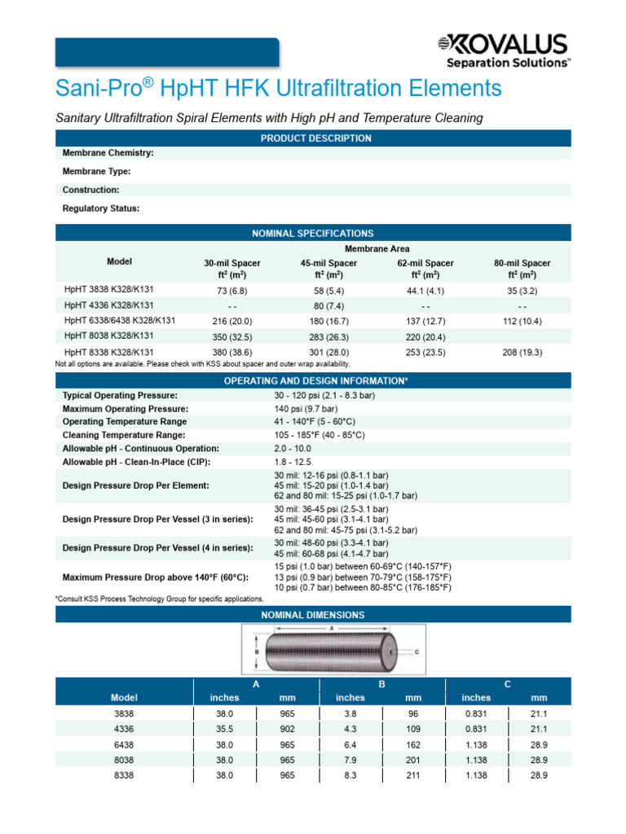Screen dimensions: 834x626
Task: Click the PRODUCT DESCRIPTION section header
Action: tap(315, 138)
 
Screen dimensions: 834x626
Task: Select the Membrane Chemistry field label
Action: tap(108, 152)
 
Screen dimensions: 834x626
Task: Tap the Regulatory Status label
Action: tap(101, 208)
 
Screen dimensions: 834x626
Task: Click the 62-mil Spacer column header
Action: tap(425, 269)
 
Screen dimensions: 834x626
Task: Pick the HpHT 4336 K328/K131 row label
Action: tap(108, 305)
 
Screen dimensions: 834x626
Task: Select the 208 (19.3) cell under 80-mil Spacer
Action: tap(522, 353)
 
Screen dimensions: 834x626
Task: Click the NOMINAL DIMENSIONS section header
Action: tap(312, 615)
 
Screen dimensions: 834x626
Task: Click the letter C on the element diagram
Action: tap(417, 652)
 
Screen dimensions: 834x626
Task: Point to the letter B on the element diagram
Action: tap(257, 652)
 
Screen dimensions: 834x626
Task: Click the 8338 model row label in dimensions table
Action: tap(124, 775)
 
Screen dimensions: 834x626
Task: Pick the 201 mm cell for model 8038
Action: tap(413, 760)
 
